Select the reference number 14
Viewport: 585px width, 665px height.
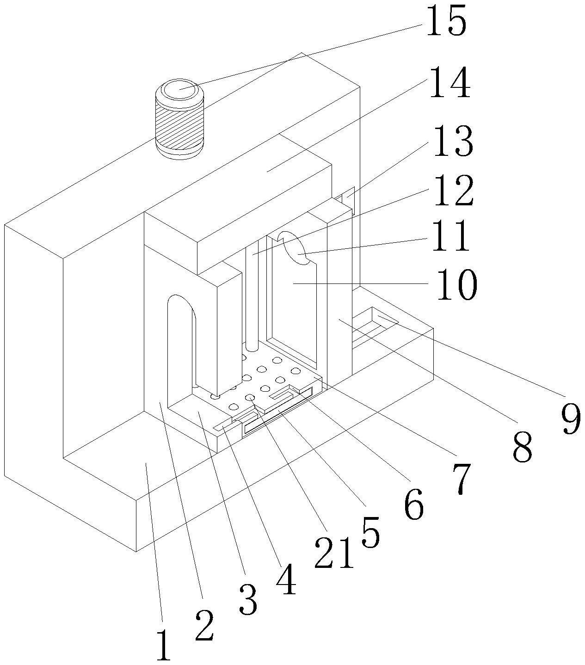pos(450,83)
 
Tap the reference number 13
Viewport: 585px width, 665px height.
pos(452,142)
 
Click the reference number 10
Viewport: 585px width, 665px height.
pos(454,285)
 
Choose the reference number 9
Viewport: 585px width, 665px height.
pos(572,417)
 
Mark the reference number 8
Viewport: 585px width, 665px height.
pos(523,445)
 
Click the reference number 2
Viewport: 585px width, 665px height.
pos(204,624)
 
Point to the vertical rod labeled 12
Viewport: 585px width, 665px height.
pos(252,296)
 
